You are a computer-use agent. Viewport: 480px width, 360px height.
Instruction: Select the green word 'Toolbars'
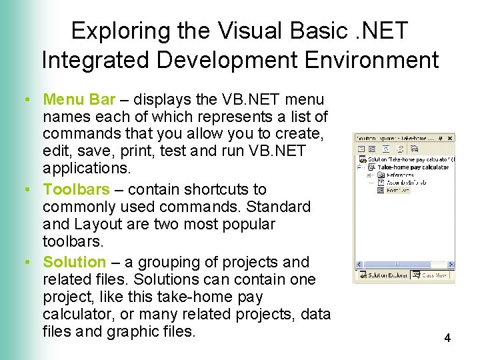pos(74,190)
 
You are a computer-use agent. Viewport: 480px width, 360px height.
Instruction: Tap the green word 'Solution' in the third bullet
pos(74,262)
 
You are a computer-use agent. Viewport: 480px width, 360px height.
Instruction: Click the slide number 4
pos(447,338)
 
